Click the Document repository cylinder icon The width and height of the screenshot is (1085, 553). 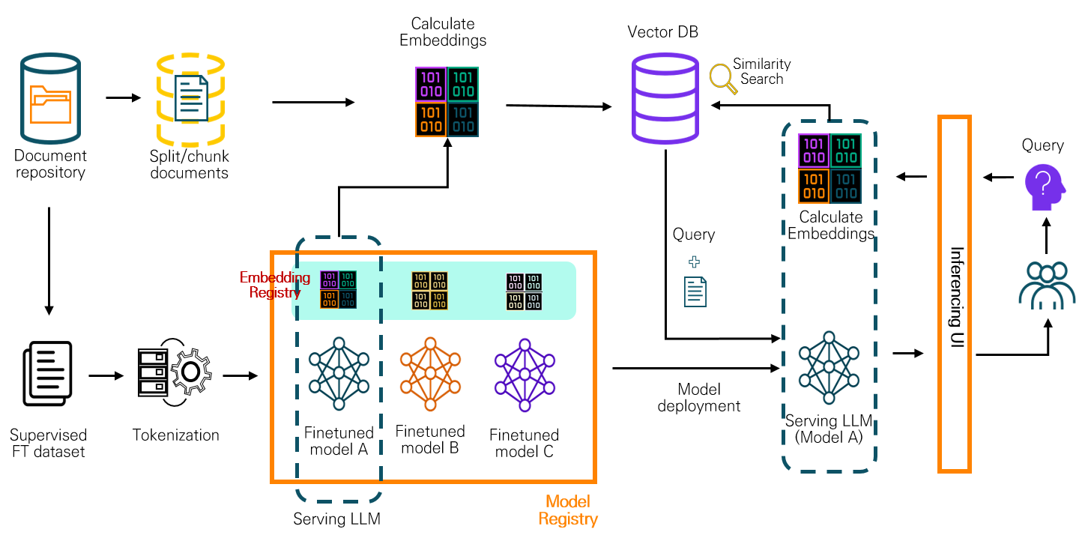tap(50, 97)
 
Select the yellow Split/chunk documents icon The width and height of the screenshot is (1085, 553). tap(190, 98)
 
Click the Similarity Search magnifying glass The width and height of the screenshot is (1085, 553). tap(721, 77)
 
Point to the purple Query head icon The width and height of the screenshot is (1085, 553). tap(1045, 188)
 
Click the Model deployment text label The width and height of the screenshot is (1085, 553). tap(698, 398)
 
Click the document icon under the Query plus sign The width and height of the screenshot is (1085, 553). tap(695, 291)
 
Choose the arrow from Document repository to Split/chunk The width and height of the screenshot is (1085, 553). tap(124, 97)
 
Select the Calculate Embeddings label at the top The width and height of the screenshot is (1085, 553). tap(443, 32)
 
